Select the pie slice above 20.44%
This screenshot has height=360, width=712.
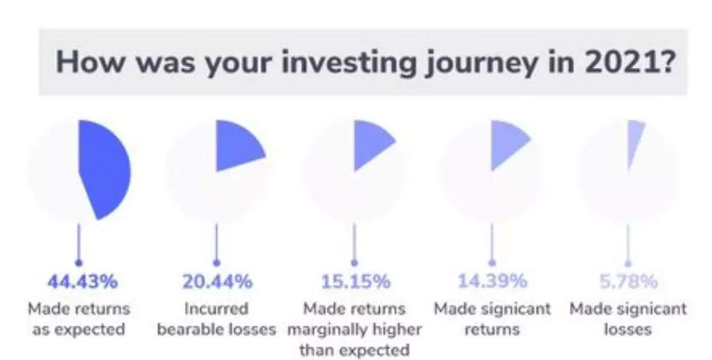(236, 144)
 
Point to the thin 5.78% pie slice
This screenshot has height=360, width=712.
(634, 138)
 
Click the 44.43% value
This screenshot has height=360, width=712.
(82, 282)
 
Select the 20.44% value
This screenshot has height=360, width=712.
(217, 282)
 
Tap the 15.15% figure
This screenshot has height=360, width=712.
(355, 282)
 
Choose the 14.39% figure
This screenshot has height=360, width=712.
(492, 282)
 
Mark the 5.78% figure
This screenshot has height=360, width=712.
(628, 282)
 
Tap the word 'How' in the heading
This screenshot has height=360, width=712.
(90, 62)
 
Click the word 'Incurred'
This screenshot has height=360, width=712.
(217, 309)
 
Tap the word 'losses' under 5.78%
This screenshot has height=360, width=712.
(628, 329)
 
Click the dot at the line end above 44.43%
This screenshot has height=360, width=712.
(79, 263)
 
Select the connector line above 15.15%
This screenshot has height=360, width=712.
(354, 243)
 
